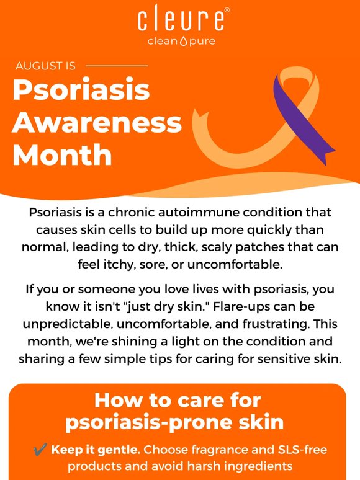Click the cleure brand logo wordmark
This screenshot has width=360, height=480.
[x=181, y=19]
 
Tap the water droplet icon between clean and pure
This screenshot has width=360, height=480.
[x=183, y=41]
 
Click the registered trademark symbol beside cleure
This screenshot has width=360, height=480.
[x=227, y=10]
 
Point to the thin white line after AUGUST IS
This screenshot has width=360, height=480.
[x=117, y=66]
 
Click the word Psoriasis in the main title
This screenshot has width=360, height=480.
[x=81, y=90]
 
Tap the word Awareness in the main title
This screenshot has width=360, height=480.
[x=97, y=122]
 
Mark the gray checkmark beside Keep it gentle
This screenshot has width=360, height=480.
[x=40, y=450]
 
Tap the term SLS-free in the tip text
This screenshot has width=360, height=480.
[x=302, y=450]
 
